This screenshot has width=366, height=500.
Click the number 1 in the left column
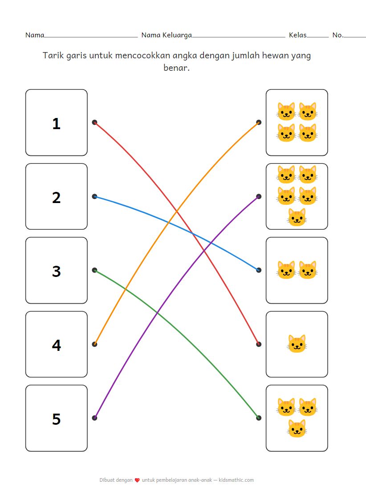click(56, 123)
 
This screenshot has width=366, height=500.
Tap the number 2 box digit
click(56, 197)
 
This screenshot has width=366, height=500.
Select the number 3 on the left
click(56, 271)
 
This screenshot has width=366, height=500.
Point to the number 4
click(56, 345)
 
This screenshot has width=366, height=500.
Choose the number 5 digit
click(56, 419)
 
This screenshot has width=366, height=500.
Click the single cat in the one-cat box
click(297, 344)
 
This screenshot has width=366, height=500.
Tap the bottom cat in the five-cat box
click(297, 217)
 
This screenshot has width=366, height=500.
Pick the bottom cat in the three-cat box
click(297, 428)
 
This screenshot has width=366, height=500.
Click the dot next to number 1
click(94, 122)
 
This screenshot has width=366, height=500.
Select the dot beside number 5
click(94, 418)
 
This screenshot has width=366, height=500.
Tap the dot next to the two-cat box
click(259, 270)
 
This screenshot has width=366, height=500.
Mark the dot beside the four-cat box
click(259, 122)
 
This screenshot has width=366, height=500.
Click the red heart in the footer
click(137, 480)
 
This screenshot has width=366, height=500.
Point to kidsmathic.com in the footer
click(236, 480)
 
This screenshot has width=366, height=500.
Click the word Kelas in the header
click(297, 35)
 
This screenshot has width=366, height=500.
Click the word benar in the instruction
click(176, 69)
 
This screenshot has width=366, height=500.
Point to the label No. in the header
click(338, 35)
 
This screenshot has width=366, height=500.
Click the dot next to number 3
click(94, 270)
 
